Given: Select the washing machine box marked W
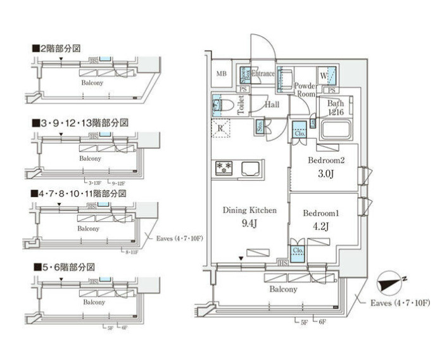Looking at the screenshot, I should tap(324, 76).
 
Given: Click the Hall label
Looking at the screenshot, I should tap(272, 105).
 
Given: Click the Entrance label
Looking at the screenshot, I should tap(263, 74).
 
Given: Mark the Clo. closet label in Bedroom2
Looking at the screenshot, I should tap(299, 133).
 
